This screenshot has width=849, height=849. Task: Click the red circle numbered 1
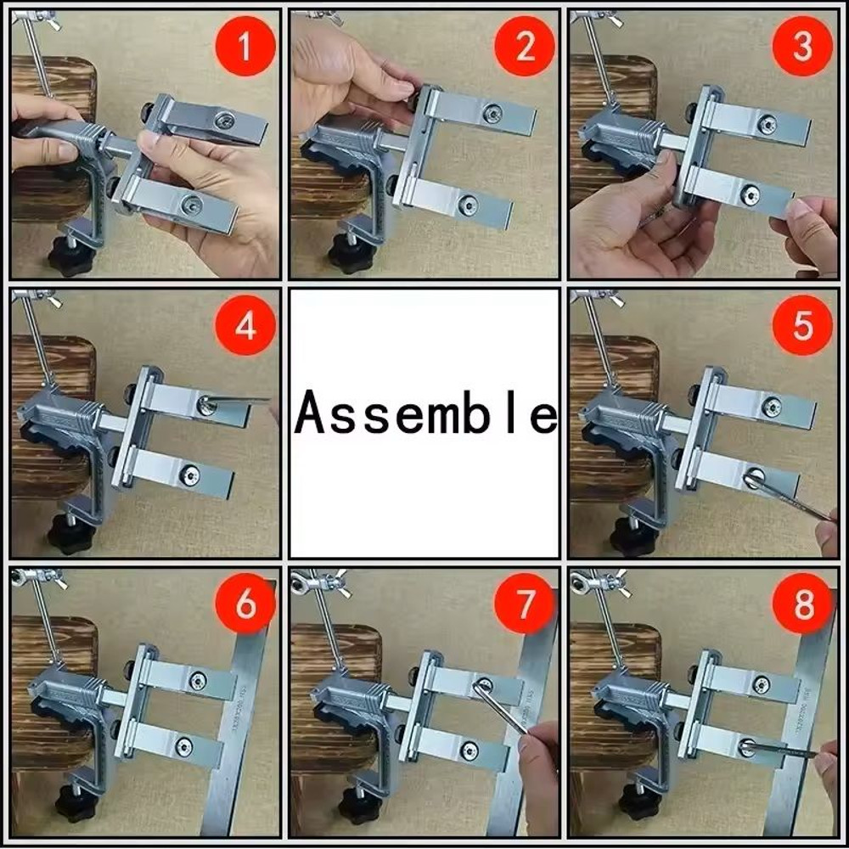245,48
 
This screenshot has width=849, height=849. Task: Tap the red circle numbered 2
524,47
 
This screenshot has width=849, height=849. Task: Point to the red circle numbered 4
245,325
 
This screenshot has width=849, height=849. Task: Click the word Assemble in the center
424,414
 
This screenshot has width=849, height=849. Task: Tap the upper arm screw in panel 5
772,407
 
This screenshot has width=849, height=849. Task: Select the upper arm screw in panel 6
197,680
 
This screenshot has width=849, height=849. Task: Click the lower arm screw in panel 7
469,750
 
